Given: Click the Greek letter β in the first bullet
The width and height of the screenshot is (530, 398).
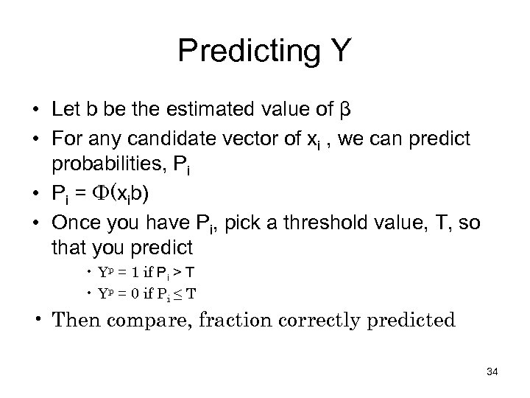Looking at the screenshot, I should (x=345, y=111).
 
